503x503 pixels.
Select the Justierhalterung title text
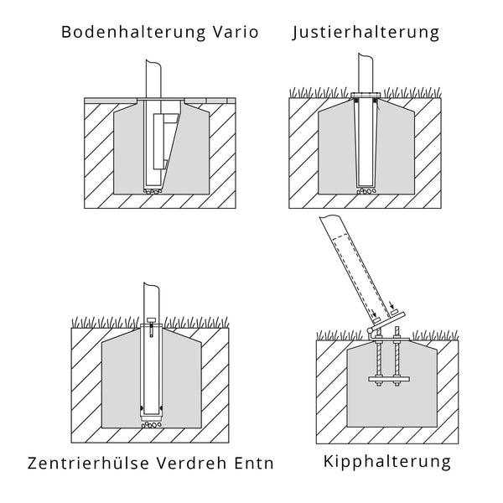(367, 33)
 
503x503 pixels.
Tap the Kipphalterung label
(386, 461)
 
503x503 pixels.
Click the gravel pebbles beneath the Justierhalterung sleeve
(366, 190)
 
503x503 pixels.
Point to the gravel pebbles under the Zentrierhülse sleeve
(151, 425)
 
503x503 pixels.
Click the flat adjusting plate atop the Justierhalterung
(366, 94)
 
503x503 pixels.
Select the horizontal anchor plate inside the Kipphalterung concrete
(387, 381)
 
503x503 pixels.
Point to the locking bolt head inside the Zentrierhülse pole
(150, 323)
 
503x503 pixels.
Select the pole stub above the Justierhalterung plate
(366, 72)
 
